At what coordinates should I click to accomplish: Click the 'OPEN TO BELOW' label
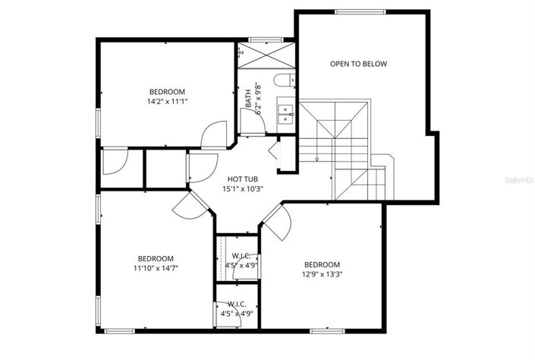pos(358,64)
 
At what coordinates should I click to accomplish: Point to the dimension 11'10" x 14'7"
pos(156,267)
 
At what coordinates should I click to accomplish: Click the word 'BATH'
pos(248,99)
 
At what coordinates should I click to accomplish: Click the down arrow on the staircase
pos(316,158)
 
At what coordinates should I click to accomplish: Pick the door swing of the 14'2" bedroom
pos(214,134)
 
